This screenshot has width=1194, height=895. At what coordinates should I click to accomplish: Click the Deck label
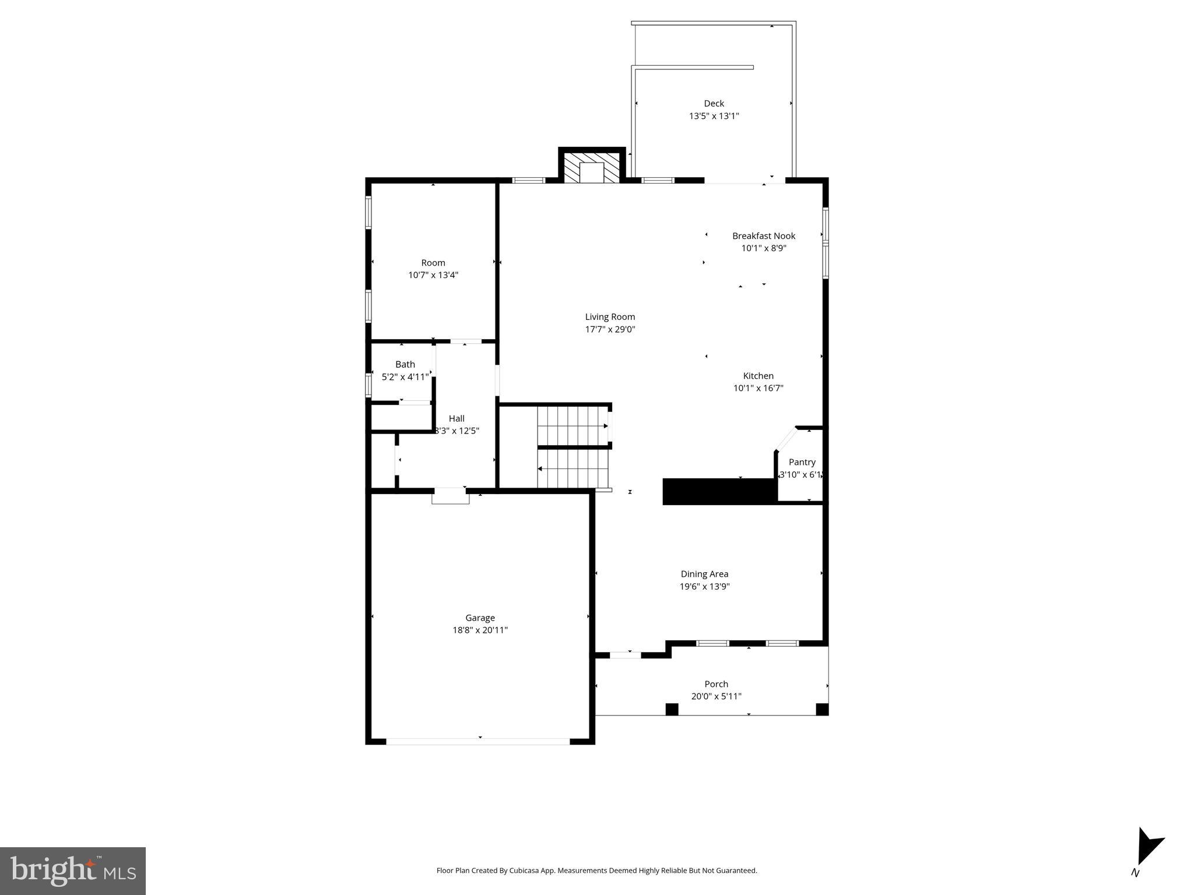coord(714,104)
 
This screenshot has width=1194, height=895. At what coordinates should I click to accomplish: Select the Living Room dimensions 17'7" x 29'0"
coord(610,329)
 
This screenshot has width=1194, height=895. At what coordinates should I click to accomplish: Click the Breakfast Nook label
coord(764,236)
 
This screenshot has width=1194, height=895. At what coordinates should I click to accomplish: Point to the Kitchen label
coord(758,376)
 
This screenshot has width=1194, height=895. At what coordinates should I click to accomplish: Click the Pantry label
coord(802,462)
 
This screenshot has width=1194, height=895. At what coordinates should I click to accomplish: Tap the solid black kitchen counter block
coord(719,491)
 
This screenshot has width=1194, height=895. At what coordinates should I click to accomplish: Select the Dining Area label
coord(704,574)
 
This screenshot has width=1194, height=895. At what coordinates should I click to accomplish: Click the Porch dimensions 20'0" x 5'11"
coord(716,696)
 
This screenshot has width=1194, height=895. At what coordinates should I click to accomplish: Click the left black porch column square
coord(672,709)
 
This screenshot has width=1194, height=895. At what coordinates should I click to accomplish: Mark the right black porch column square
coord(822,709)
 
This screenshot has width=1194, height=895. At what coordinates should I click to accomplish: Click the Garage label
coord(480,618)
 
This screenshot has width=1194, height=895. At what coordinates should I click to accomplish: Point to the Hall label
coord(456,418)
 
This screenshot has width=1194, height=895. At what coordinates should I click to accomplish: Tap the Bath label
coord(405,365)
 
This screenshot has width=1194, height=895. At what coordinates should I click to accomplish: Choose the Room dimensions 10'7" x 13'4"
coord(433,275)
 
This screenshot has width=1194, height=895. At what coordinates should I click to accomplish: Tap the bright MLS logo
coord(73,871)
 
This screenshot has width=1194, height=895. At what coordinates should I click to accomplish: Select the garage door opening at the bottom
coord(478,742)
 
